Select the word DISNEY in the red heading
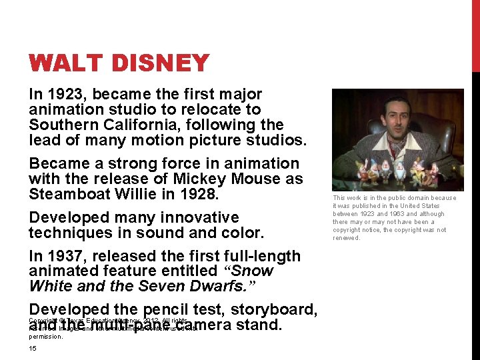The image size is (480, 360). (x=158, y=64)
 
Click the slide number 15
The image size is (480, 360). (x=33, y=349)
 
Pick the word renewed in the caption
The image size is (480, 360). (x=346, y=238)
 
